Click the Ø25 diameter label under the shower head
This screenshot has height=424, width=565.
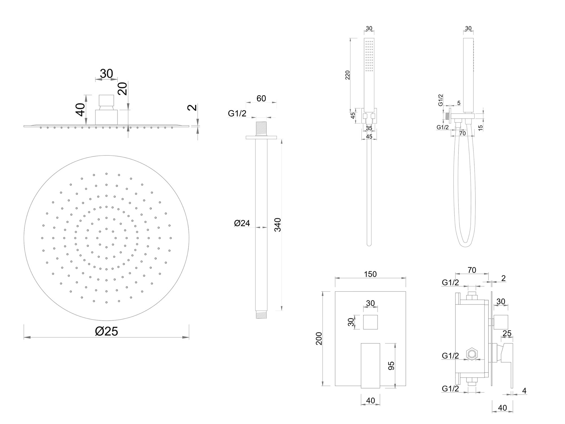click(107, 331)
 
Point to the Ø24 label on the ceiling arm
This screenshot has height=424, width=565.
click(242, 223)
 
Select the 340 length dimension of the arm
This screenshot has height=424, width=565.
click(278, 225)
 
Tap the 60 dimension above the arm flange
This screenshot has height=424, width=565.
click(261, 98)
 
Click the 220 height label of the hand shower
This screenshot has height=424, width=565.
click(348, 75)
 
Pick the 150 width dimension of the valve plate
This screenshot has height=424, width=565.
click(370, 274)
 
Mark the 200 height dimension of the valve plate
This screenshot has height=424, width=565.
click(319, 338)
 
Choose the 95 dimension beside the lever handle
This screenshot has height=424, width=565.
click(391, 366)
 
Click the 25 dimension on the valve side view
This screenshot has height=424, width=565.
click(507, 334)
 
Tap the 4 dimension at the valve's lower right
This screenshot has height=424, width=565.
click(524, 391)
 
